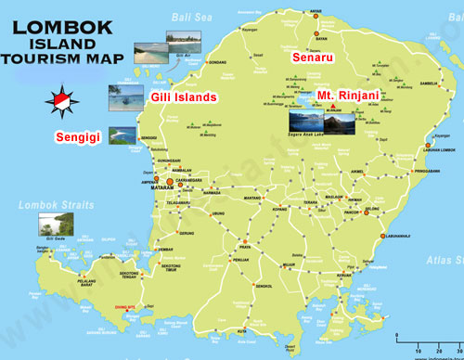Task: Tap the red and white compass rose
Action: [58, 96]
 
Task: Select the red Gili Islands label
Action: [183, 96]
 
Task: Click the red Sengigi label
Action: [74, 138]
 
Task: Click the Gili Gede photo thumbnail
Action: [51, 226]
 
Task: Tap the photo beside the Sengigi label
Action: [122, 136]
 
